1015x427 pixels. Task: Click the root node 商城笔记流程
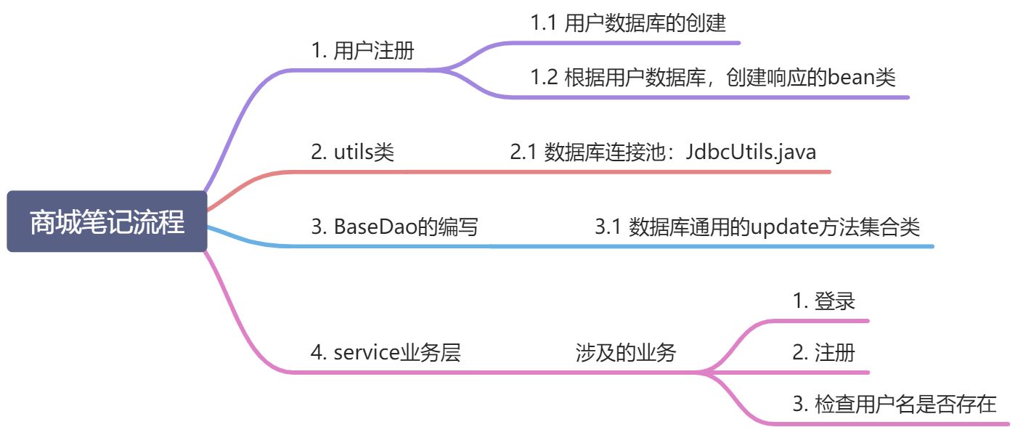[107, 221]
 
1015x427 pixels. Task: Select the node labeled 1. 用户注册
[363, 52]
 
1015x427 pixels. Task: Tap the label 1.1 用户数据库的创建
[628, 23]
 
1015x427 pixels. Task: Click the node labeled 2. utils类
[353, 152]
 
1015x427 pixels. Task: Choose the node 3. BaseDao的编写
[394, 227]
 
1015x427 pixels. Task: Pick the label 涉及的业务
[624, 354]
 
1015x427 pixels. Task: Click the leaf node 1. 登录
[823, 301]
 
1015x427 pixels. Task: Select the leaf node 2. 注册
[823, 353]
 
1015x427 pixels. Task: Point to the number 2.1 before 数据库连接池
[524, 152]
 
